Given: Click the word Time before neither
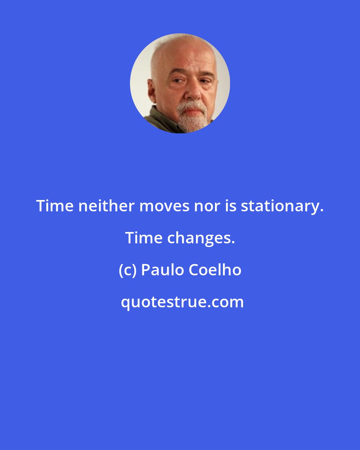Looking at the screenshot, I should point(55,206).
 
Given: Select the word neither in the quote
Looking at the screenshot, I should point(106,206).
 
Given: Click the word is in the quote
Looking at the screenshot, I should point(231,206).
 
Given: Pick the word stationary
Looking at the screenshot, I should point(282,206).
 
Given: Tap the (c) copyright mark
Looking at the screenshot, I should point(128,270).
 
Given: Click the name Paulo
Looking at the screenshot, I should point(163,270).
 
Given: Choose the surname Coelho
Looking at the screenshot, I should point(215,270).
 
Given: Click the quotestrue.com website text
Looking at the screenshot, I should point(182,302).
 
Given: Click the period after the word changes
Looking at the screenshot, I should point(233,243).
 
